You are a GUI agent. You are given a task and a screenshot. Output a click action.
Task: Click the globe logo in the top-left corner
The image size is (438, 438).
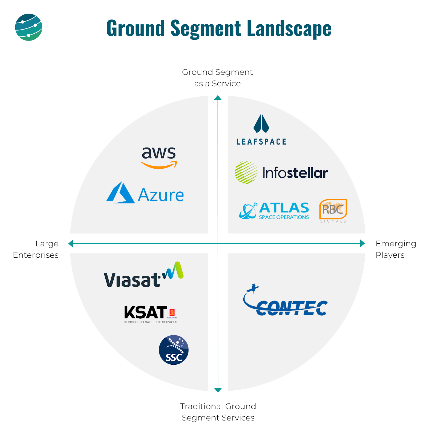(28, 27)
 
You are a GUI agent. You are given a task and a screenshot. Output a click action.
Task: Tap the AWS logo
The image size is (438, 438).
(159, 157)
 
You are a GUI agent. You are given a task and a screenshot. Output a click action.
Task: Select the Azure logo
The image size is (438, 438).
(145, 193)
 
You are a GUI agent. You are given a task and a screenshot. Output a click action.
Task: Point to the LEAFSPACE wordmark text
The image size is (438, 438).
(261, 142)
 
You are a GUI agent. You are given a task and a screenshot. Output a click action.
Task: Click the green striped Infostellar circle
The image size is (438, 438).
(246, 172)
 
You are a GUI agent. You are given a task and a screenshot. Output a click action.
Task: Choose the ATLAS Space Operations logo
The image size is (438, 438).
(274, 211)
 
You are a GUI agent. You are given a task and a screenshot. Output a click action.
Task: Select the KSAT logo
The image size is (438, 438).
(151, 314)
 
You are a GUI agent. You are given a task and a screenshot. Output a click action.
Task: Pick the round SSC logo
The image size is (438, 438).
(174, 350)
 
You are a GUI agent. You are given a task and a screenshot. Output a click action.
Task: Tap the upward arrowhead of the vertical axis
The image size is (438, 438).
(218, 98)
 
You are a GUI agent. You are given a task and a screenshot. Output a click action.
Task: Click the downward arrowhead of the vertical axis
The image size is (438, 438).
(218, 390)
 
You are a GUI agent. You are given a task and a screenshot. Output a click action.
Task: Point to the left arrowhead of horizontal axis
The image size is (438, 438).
(71, 243)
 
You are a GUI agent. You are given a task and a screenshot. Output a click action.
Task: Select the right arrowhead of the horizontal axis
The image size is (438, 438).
(362, 243)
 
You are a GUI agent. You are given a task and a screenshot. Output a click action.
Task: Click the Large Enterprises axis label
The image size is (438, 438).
(36, 249)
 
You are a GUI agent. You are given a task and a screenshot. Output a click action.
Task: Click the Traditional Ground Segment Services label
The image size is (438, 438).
(218, 412)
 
